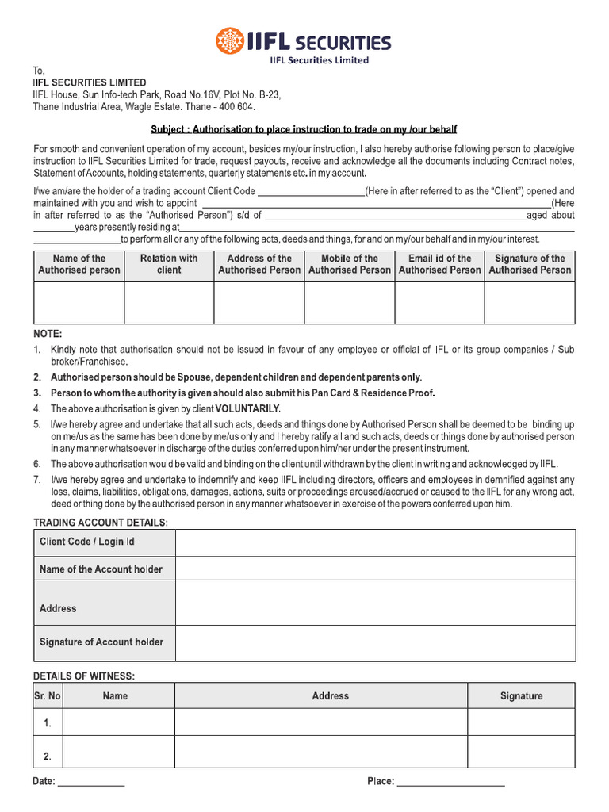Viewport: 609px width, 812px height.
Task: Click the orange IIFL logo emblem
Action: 231,41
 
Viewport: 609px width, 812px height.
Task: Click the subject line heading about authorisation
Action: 304,129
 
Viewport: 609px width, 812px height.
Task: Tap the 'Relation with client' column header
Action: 169,264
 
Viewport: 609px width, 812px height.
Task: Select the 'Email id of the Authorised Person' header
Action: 439,264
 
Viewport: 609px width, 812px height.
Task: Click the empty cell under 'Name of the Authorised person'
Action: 79,302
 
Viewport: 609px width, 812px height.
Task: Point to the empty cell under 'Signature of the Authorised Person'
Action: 530,302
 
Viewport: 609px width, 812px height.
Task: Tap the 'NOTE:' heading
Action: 48,334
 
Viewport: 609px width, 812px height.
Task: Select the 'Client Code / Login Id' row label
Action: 87,542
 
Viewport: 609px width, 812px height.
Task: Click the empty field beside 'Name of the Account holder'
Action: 375,569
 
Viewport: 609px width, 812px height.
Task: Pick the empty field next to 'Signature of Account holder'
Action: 375,642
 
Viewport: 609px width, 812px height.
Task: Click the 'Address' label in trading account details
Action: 58,609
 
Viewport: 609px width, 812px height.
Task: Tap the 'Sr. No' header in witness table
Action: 48,696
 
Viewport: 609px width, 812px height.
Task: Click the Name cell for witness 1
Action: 118,722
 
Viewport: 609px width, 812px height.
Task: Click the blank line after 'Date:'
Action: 91,782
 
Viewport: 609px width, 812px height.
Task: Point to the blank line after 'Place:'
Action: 450,782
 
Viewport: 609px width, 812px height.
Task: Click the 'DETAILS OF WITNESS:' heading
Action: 84,676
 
